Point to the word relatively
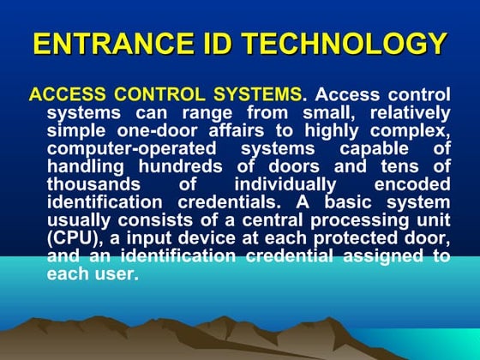click(406, 113)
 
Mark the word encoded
click(413, 185)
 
